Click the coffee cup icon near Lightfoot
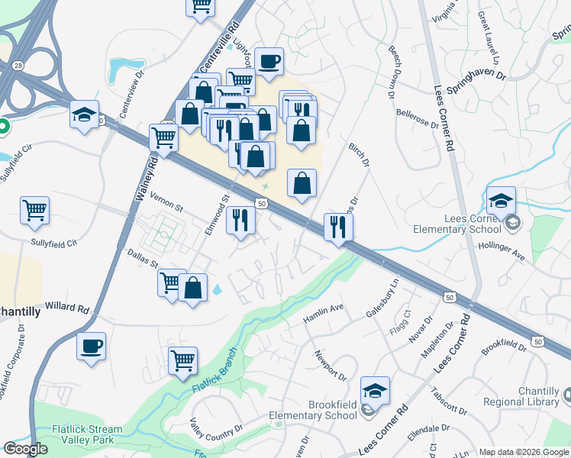(268, 61)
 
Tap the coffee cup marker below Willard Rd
(91, 346)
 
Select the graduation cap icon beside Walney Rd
(84, 114)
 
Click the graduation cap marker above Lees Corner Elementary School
(501, 201)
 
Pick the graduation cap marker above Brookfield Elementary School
(375, 391)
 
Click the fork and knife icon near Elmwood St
(241, 221)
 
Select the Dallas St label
(142, 258)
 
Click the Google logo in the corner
(26, 449)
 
